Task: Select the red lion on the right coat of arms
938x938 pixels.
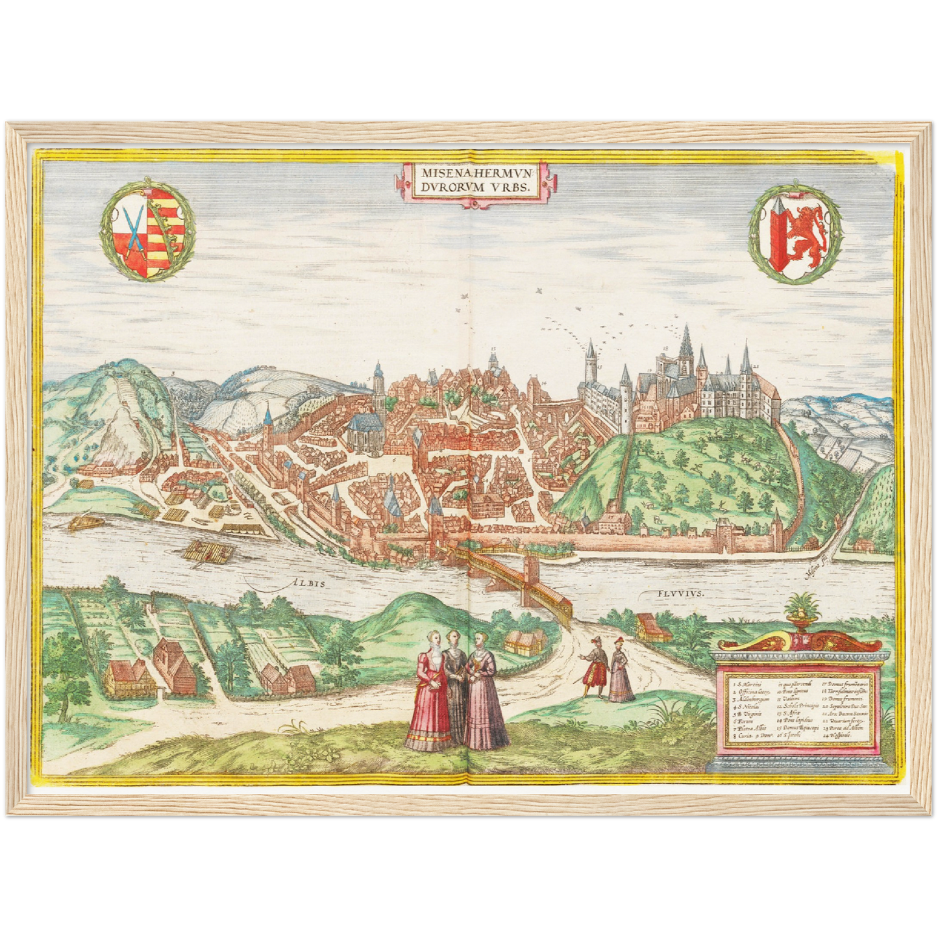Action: (x=806, y=232)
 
